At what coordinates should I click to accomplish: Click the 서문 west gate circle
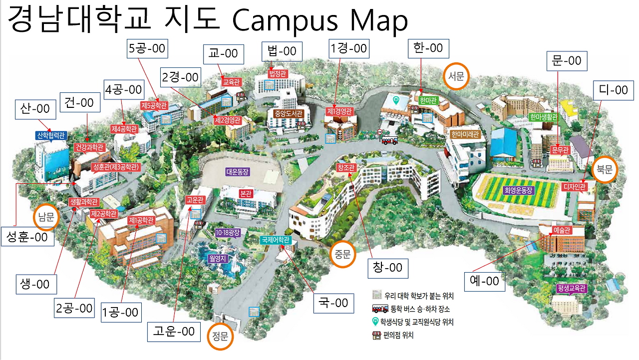456,76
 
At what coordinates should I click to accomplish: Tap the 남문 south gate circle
45,217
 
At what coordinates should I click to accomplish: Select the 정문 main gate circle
220,337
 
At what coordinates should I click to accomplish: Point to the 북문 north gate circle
605,170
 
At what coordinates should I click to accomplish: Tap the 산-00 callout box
35,108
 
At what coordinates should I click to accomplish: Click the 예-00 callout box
484,281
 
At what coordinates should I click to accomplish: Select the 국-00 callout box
333,303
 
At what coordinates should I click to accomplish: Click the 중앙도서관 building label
289,113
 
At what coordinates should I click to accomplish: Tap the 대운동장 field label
237,171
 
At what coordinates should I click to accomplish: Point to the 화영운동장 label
519,190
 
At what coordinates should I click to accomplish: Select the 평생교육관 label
571,289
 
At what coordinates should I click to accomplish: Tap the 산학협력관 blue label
51,135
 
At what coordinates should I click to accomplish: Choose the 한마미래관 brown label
465,134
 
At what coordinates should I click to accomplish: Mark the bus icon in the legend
380,309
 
